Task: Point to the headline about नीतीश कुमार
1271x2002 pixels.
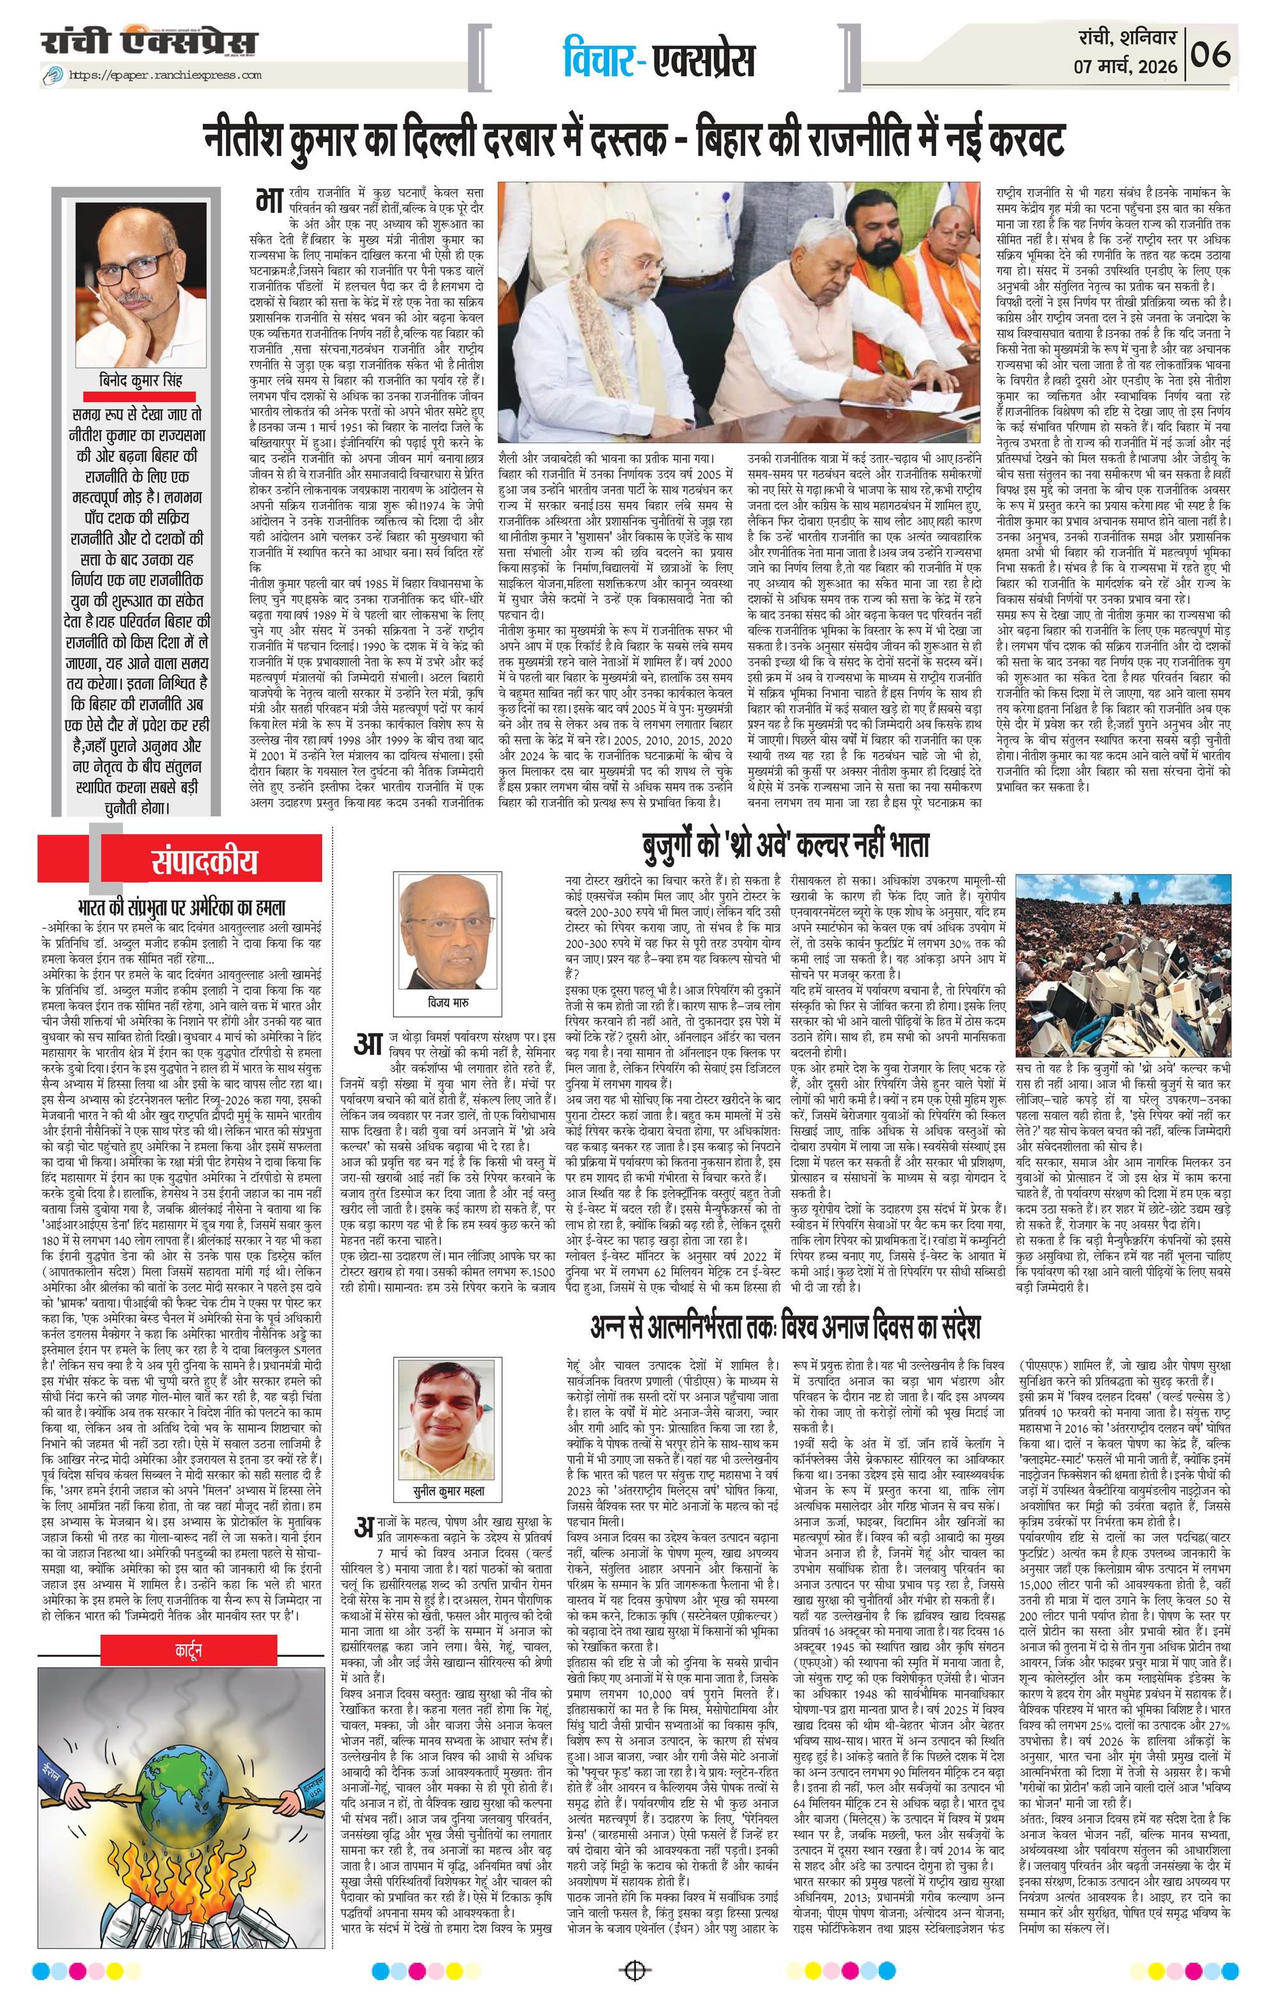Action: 635,139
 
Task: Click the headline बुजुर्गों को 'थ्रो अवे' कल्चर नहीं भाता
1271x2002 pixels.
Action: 783,846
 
